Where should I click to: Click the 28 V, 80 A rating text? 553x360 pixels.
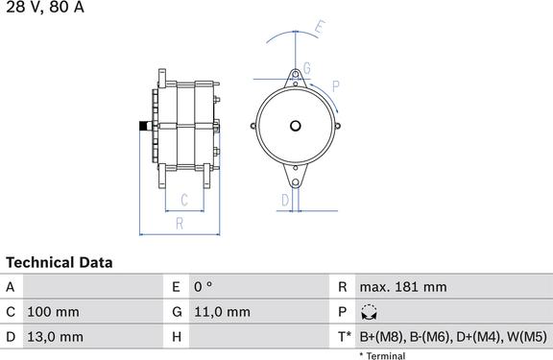pos(45,7)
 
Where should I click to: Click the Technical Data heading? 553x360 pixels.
pos(60,263)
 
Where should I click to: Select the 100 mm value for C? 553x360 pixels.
pos(53,312)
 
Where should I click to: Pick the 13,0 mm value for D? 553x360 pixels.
pos(56,337)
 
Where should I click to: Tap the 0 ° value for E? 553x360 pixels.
pos(204,287)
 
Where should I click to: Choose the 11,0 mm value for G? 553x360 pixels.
pos(222,312)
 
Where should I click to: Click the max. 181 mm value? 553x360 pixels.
pos(403,287)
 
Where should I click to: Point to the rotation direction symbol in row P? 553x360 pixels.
pos(369,312)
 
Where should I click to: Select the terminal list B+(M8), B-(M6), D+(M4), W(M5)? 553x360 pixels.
pos(453,337)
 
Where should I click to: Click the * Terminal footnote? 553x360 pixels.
pos(382,355)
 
